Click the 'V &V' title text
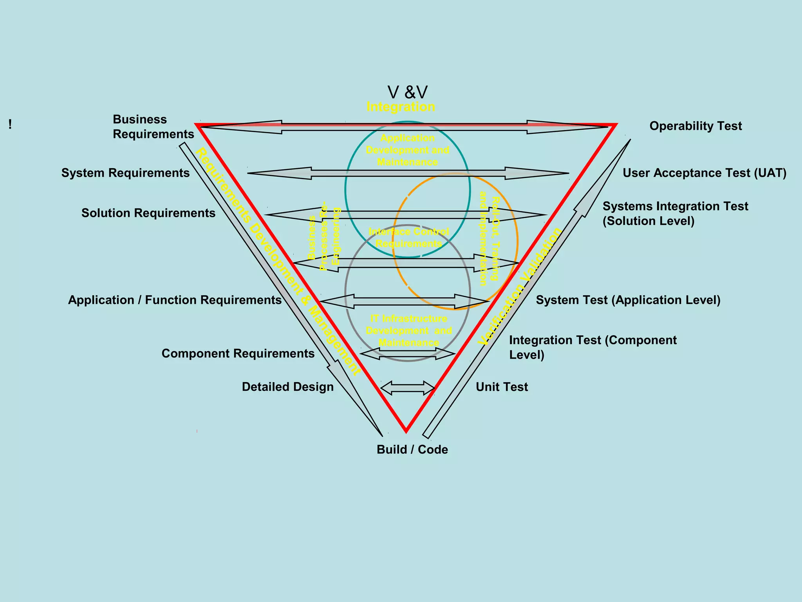coord(407,92)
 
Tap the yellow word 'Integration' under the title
coord(401,107)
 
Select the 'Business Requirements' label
coord(153,127)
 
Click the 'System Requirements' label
coord(125,173)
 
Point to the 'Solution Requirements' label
coord(148,213)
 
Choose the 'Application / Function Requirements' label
coord(175,300)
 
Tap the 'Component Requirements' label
coord(238,354)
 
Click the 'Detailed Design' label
coord(288,387)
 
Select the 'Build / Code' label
coord(412,450)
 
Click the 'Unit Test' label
coord(502,387)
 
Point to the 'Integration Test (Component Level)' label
coord(592,347)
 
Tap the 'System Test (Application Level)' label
coord(628,300)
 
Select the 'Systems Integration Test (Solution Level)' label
coord(675,214)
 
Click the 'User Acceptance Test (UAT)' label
coord(704,173)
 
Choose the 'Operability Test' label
coord(695,126)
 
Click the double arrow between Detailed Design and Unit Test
coord(408,388)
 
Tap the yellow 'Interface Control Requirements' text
coord(408,238)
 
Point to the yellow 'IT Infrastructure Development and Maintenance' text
coord(408,330)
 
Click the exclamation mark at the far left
coord(10,125)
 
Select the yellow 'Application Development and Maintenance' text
coord(407,150)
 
